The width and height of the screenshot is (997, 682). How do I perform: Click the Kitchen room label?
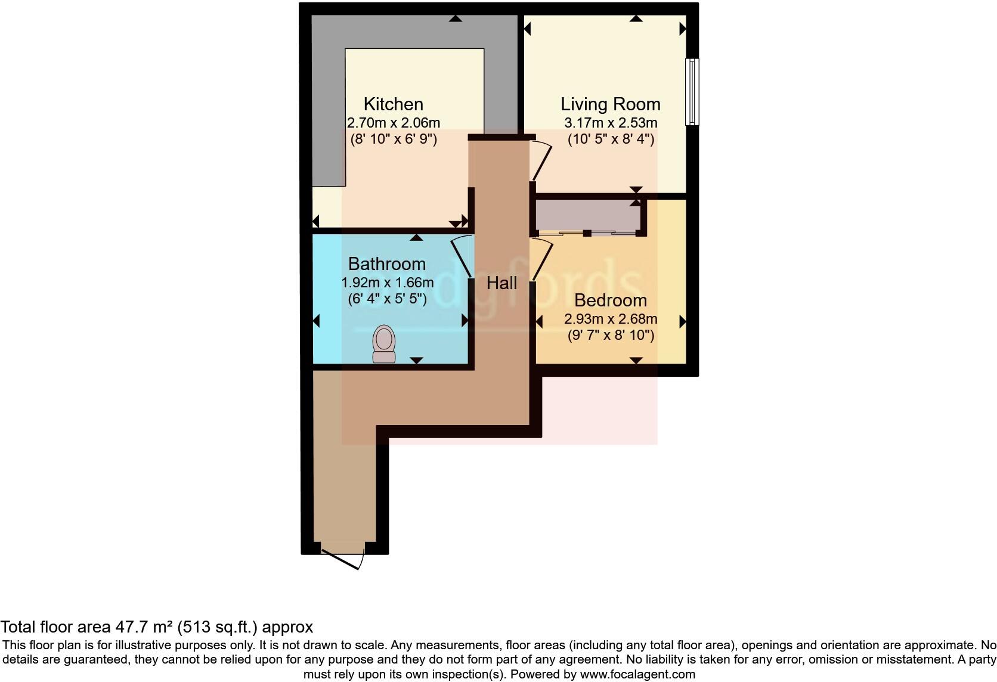click(393, 104)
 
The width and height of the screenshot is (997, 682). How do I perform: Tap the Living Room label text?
click(610, 104)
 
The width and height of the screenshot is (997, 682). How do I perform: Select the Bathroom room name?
click(386, 263)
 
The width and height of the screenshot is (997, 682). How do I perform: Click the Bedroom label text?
click(610, 300)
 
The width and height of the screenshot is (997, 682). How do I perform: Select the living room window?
click(692, 91)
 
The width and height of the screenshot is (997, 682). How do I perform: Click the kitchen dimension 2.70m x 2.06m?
click(393, 123)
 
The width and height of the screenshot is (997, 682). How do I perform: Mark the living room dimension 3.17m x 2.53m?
click(610, 123)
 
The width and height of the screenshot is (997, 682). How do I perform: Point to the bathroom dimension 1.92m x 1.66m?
click(386, 282)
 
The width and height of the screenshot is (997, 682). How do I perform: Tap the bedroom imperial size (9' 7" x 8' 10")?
click(610, 335)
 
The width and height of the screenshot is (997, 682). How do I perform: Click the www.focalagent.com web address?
click(637, 674)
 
